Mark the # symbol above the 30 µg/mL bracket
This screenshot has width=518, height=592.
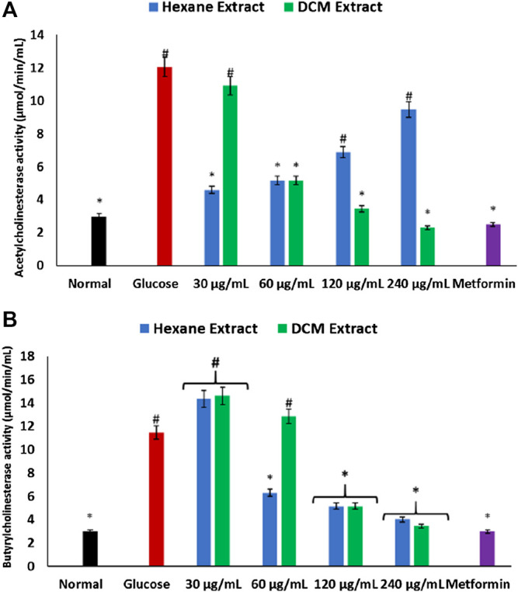(x=215, y=362)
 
